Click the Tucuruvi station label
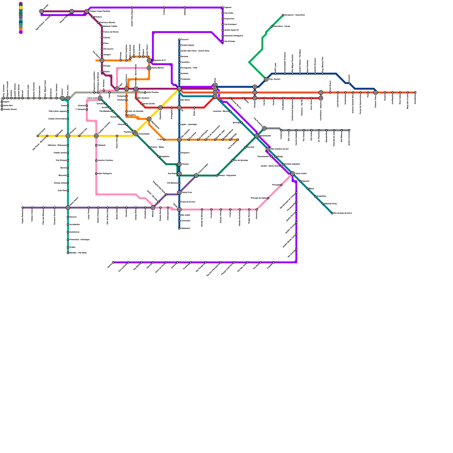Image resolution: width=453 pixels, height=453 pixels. [185, 40]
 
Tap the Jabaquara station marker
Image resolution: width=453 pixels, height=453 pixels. [179, 228]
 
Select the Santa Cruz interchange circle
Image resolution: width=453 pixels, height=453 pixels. [179, 193]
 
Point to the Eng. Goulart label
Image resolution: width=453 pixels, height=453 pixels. [274, 79]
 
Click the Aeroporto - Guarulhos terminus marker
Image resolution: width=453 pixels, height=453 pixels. [283, 15]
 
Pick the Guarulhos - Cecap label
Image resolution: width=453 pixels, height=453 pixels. [281, 26]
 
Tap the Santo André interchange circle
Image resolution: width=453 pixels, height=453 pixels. [292, 174]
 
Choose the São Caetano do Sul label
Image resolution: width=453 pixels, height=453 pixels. [279, 149]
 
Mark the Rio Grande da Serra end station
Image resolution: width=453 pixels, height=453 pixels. [332, 213]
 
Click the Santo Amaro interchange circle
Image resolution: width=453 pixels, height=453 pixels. [68, 208]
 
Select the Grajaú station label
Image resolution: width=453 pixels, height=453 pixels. [72, 247]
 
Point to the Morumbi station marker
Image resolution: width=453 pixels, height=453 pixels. [68, 176]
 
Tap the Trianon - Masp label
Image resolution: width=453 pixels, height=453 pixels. [157, 147]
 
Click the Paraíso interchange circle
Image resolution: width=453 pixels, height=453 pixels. [179, 164]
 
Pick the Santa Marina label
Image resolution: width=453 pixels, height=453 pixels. [158, 68]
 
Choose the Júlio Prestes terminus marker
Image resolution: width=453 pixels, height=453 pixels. [145, 93]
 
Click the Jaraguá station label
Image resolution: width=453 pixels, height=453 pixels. [107, 55]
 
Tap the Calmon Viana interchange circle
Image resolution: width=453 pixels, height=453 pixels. [375, 93]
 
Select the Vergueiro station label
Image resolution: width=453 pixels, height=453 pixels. [185, 153]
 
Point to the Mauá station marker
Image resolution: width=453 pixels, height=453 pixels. [308, 189]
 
